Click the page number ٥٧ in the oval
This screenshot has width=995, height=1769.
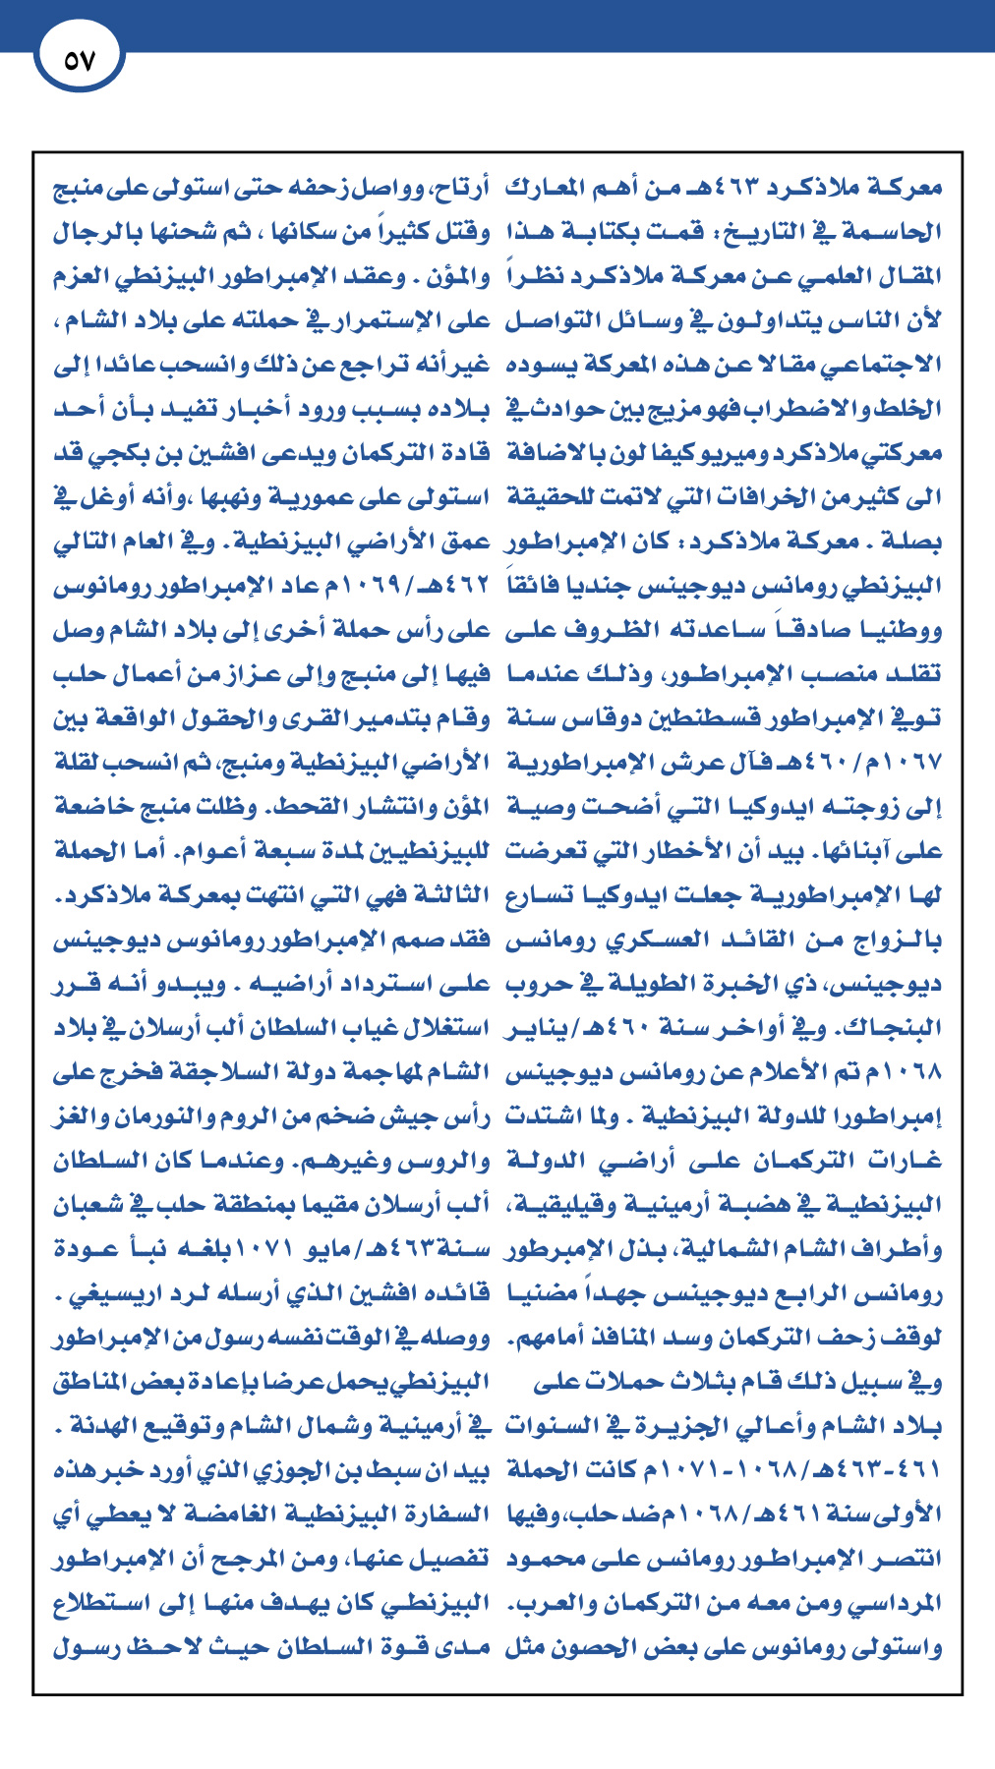click(x=79, y=61)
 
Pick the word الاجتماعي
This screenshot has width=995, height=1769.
click(x=886, y=366)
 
